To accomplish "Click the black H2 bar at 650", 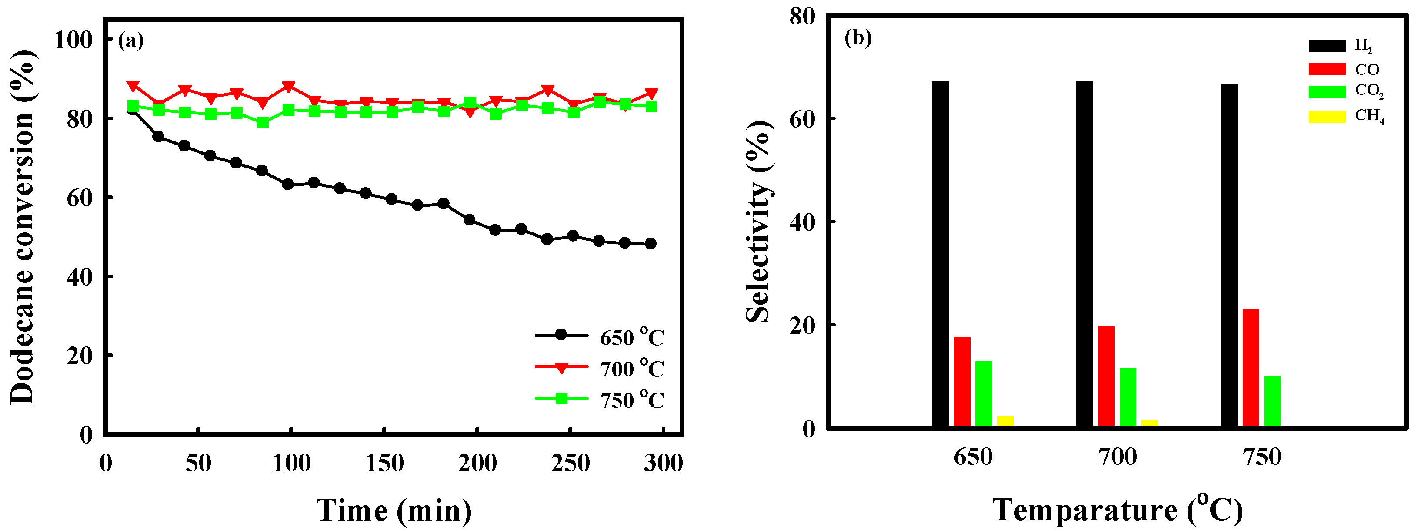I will click(940, 253).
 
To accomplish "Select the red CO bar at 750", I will click(1251, 367).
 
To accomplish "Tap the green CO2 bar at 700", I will click(1128, 397).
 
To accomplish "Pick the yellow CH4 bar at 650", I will click(1005, 421).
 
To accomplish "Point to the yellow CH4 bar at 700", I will click(1149, 423).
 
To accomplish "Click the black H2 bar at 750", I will click(1229, 255).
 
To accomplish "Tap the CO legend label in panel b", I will click(1367, 69).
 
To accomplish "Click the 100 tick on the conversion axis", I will click(73, 40).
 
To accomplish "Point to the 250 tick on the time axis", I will click(570, 463).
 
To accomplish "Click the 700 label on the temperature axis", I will click(1117, 457).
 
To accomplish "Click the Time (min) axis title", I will click(394, 510).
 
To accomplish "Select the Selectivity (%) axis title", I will click(759, 222).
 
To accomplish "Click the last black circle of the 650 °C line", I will click(651, 243).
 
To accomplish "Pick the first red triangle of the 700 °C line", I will click(133, 85).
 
